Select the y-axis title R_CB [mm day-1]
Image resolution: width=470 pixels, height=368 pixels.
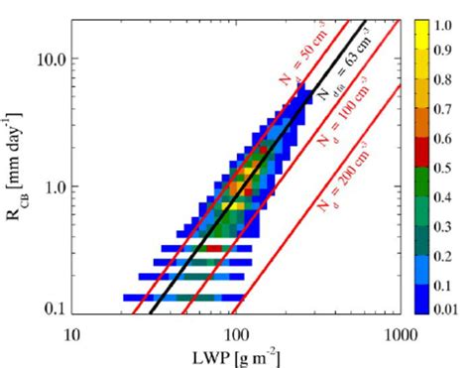point(14,165)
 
